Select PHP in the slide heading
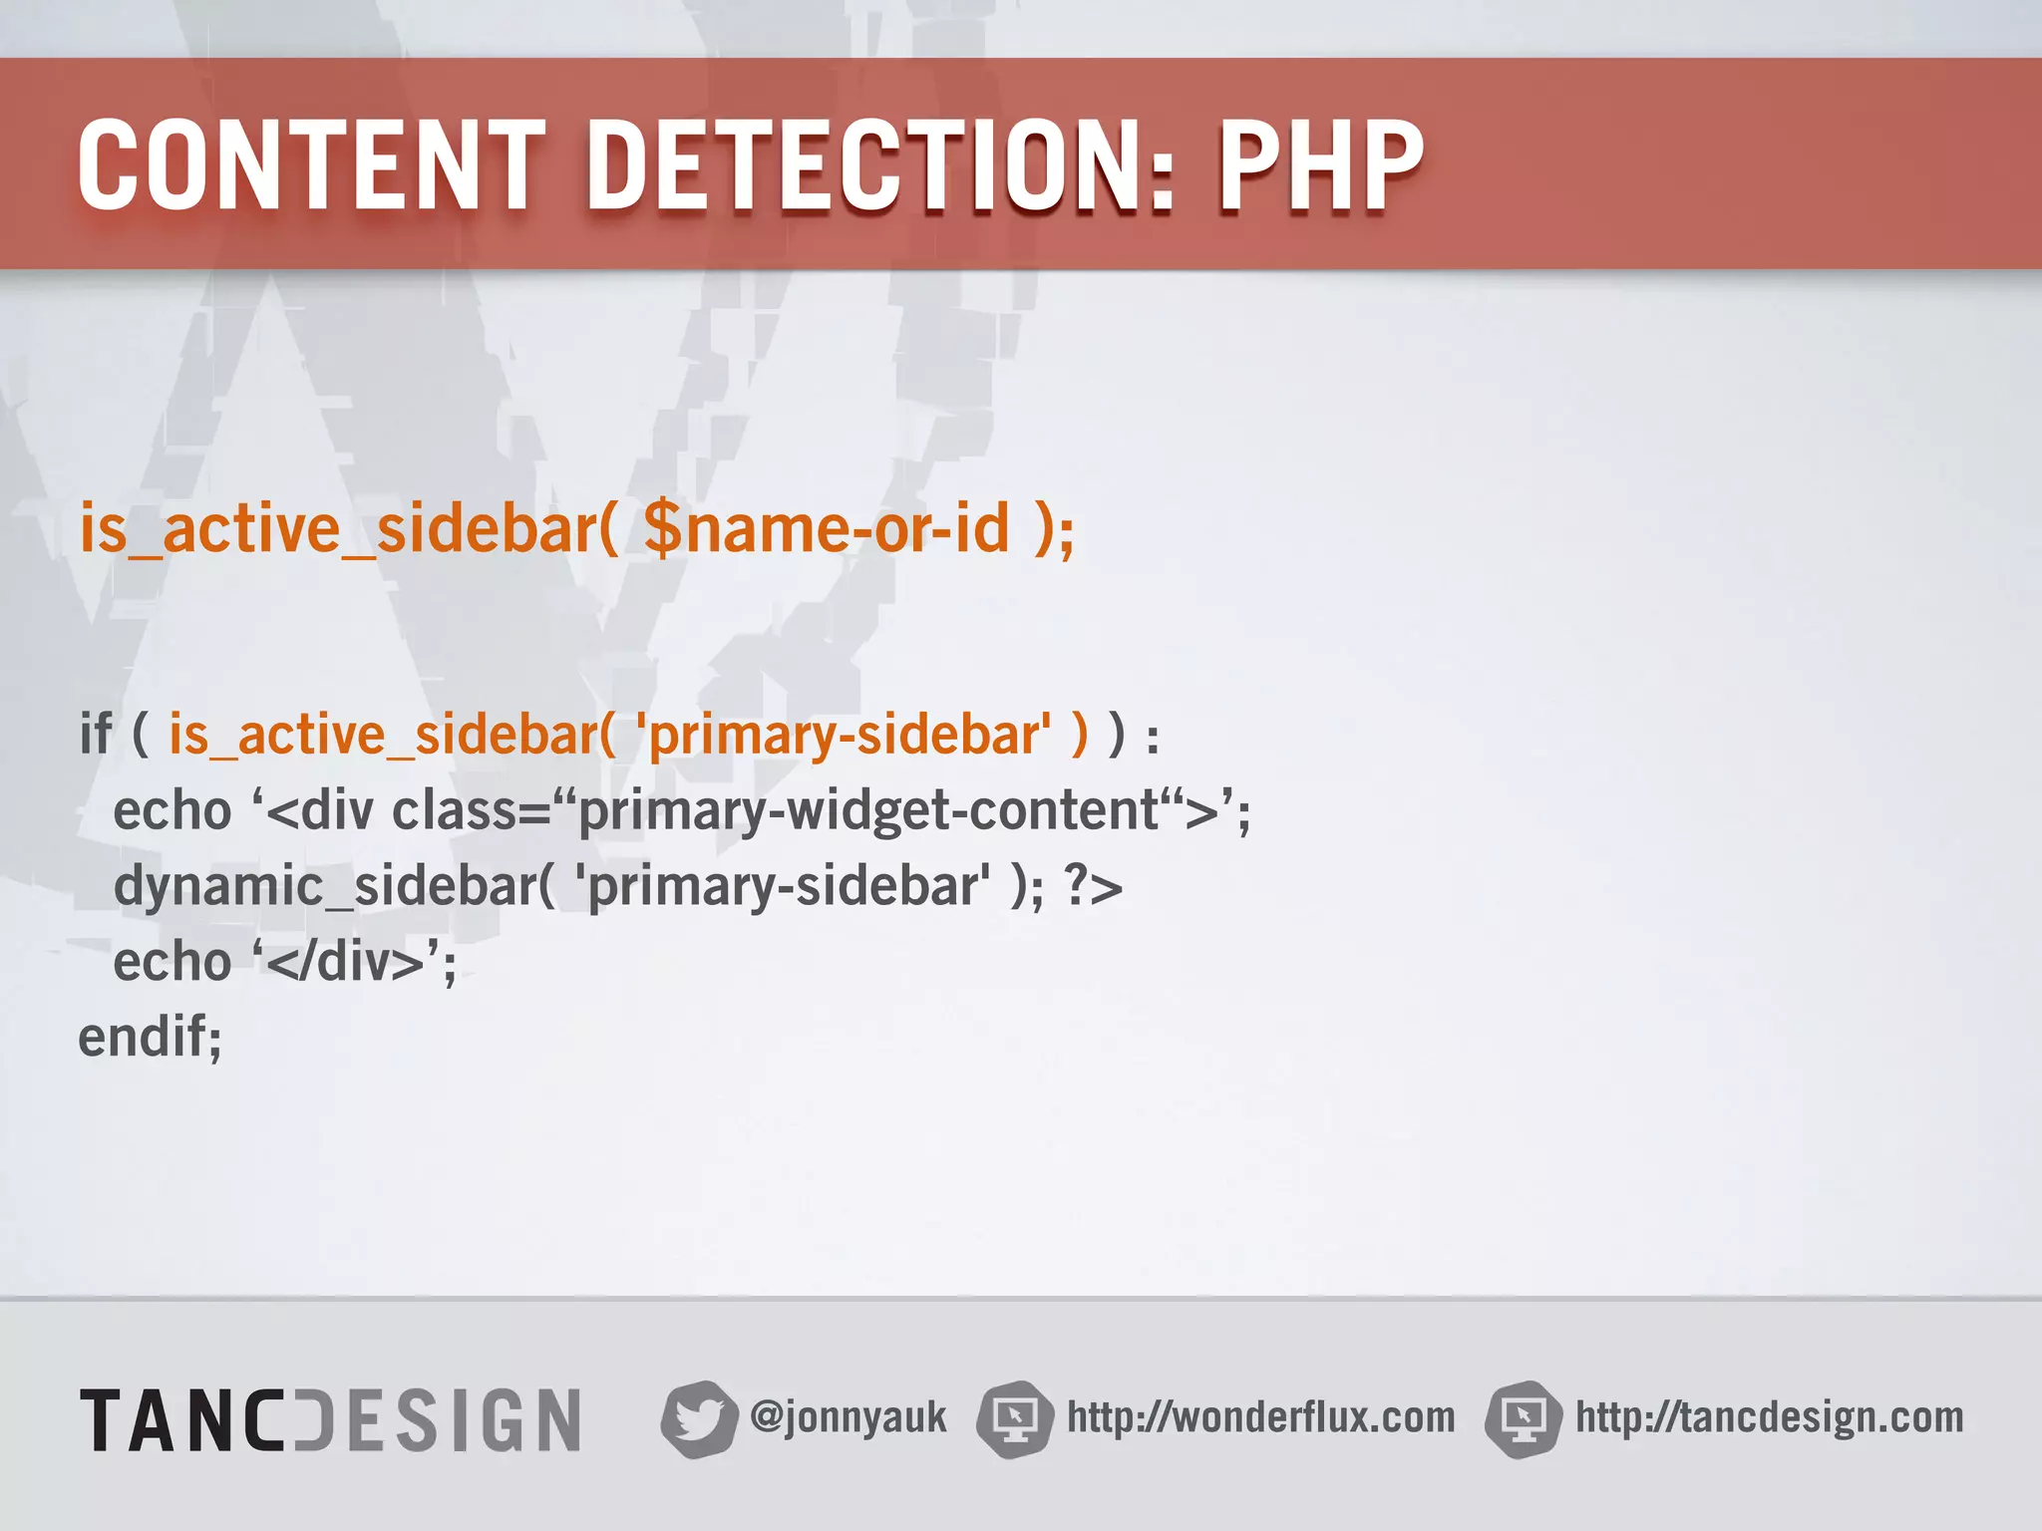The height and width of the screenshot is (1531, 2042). pos(1321,165)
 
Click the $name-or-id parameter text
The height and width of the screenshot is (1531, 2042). pos(827,528)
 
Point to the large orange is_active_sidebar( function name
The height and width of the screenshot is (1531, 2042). pos(349,528)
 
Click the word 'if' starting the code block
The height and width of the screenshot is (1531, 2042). pos(96,736)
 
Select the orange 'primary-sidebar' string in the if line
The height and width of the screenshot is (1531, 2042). pos(844,736)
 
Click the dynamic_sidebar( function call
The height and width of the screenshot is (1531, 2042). pos(334,886)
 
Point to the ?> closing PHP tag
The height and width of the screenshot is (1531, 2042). pos(1093,886)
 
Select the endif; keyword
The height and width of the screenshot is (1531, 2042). pos(150,1038)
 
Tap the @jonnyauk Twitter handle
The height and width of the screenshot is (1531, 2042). pos(849,1417)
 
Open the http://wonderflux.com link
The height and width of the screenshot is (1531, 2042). pos(1260,1417)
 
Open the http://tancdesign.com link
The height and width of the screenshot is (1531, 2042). pos(1769,1417)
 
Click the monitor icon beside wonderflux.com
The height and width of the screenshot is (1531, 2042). pos(1015,1418)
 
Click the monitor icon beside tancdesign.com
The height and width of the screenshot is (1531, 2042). pos(1523,1418)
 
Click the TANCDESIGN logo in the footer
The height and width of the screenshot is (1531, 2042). pos(331,1419)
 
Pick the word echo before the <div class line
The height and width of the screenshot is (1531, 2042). pos(172,810)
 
